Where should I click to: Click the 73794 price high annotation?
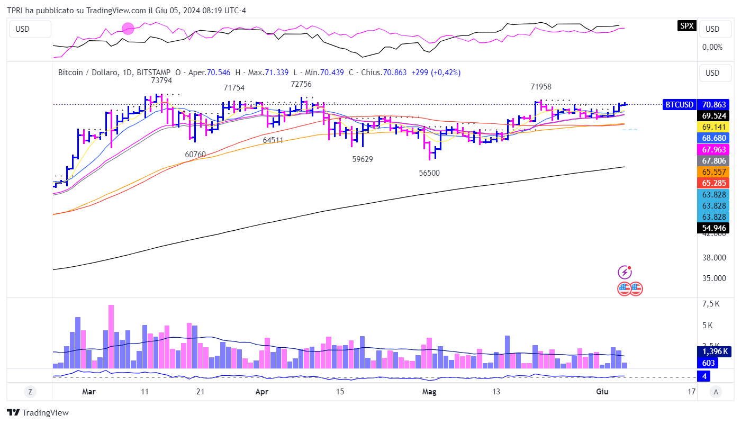161,80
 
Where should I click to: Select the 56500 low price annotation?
429,173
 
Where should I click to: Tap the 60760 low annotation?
195,155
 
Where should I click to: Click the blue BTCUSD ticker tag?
679,105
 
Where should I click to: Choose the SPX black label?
687,25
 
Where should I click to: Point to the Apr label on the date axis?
261,392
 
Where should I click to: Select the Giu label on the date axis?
602,392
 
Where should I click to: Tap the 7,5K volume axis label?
711,304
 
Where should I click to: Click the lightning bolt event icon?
625,273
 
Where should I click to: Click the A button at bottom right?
716,392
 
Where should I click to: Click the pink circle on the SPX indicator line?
128,29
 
